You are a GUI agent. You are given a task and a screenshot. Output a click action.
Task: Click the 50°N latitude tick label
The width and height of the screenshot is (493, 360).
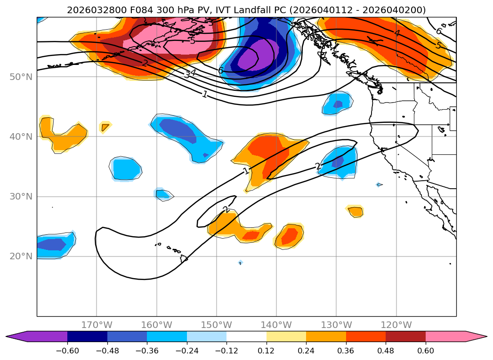click(x=21, y=77)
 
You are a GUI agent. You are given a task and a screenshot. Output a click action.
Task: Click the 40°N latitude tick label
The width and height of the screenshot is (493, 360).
click(x=21, y=136)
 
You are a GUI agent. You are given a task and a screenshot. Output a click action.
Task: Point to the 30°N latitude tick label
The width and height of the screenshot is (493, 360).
click(x=21, y=196)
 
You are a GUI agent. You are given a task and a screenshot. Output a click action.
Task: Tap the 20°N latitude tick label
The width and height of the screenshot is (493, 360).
click(x=21, y=256)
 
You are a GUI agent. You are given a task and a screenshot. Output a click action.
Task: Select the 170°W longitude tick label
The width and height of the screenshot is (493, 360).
click(x=97, y=325)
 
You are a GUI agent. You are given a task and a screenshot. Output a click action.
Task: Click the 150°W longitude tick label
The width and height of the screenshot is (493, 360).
click(x=217, y=325)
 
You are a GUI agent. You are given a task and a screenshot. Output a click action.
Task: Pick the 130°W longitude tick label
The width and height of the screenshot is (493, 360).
click(x=336, y=325)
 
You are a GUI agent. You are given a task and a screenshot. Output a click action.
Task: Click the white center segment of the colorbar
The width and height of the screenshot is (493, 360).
click(x=246, y=336)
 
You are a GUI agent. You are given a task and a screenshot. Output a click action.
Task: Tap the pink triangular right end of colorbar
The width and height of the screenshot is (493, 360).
click(x=476, y=336)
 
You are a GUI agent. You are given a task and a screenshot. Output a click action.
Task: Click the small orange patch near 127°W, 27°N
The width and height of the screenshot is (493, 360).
click(x=356, y=212)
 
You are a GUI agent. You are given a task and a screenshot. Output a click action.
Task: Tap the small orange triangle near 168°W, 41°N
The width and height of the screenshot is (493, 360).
click(x=105, y=127)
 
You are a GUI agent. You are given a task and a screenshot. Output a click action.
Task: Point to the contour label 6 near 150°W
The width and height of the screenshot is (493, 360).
click(x=220, y=71)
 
